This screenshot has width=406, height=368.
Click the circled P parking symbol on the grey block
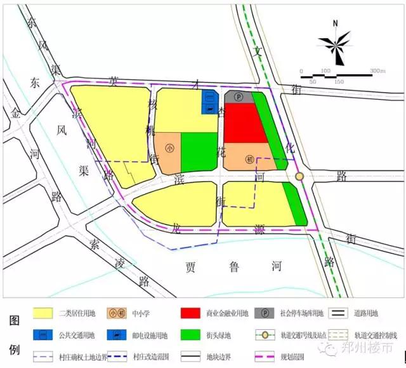pyautogui.click(x=238, y=97)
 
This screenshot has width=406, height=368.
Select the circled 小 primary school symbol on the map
pyautogui.click(x=169, y=148)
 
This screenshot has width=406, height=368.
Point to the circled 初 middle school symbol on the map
pyautogui.click(x=250, y=159)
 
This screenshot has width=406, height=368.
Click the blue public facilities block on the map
pyautogui.click(x=209, y=103)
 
